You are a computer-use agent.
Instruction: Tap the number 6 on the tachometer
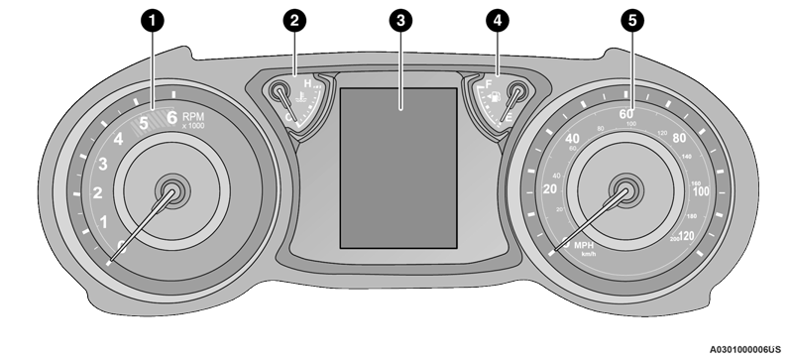click(x=171, y=119)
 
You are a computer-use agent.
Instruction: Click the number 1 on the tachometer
click(x=105, y=222)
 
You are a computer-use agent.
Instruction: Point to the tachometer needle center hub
click(x=171, y=190)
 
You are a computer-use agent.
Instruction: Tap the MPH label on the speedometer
click(x=584, y=244)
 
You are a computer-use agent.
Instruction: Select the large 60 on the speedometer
click(x=626, y=113)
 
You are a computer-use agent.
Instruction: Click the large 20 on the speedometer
click(x=552, y=188)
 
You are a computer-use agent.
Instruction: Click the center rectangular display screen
click(x=400, y=165)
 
